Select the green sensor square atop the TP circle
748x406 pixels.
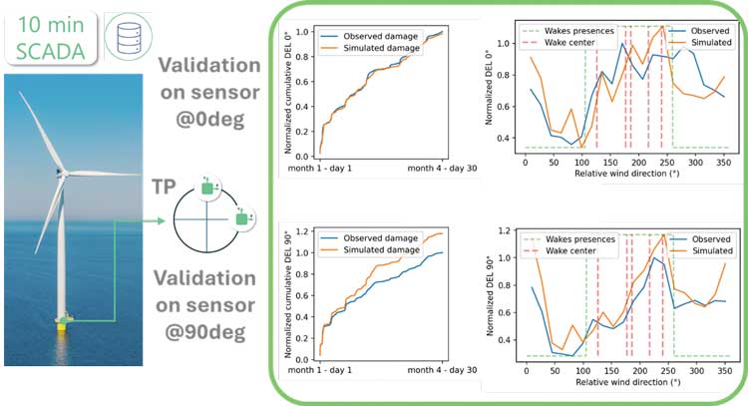tap(208, 187)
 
